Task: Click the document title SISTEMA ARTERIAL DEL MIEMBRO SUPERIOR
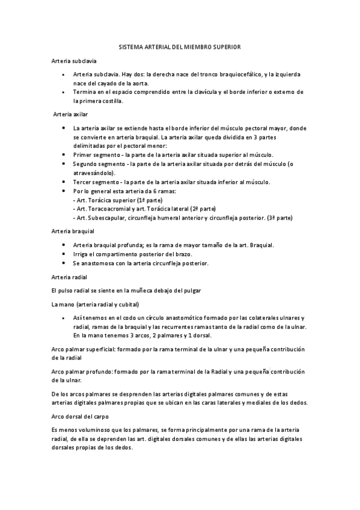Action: tap(180, 48)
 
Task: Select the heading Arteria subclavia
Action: tap(70, 61)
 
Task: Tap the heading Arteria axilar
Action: tap(71, 114)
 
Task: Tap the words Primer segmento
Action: tap(93, 155)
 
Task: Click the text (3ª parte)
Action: tap(280, 217)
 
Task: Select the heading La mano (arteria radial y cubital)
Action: tap(95, 304)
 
